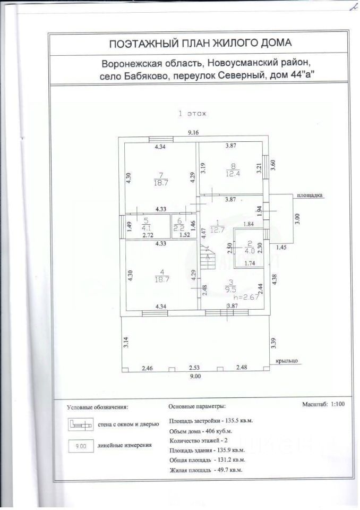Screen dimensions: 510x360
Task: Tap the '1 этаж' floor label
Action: [x=192, y=113]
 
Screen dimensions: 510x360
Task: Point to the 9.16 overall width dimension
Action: [x=192, y=133]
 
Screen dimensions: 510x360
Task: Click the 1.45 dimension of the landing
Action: [x=281, y=248]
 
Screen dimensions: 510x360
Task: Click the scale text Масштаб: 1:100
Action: [x=324, y=404]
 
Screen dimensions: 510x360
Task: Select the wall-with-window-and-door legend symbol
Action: [x=80, y=424]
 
